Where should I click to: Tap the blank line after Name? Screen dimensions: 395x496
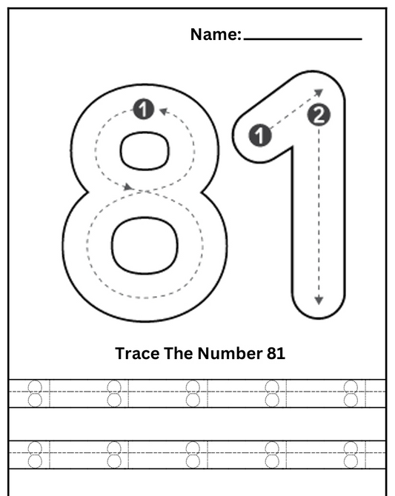[x=303, y=39]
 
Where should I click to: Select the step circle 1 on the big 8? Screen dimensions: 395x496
[x=144, y=110]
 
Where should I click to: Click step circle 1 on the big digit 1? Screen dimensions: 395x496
[x=260, y=135]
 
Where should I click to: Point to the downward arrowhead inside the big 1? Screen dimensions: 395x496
[x=319, y=301]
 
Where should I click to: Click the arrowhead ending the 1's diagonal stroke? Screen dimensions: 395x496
[x=319, y=92]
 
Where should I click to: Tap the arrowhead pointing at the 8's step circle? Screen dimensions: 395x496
[x=164, y=111]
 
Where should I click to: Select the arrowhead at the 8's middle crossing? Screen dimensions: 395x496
[x=128, y=187]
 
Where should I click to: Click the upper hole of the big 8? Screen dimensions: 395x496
[x=145, y=151]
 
